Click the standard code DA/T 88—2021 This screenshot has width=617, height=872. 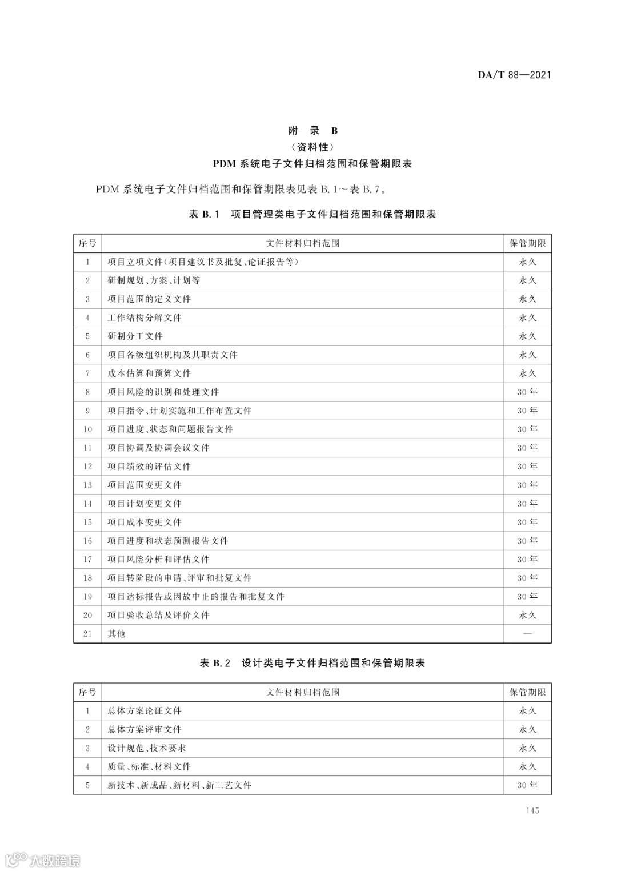pyautogui.click(x=514, y=75)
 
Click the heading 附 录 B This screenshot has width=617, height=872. pyautogui.click(x=312, y=131)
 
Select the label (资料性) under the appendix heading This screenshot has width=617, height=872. pyautogui.click(x=312, y=147)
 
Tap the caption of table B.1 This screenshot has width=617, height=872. pyautogui.click(x=312, y=214)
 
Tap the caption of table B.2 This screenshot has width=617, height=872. pyautogui.click(x=312, y=663)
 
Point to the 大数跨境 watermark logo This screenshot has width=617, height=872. pyautogui.click(x=42, y=859)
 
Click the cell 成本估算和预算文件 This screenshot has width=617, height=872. pyautogui.click(x=149, y=373)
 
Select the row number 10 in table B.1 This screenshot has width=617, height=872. pyautogui.click(x=87, y=429)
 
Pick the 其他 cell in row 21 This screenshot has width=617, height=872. pyautogui.click(x=117, y=634)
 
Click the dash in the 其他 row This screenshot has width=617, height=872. pyautogui.click(x=527, y=634)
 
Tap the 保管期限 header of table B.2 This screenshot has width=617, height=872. pyautogui.click(x=527, y=692)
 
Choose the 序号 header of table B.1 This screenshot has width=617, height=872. pyautogui.click(x=87, y=243)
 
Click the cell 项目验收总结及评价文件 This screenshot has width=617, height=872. pyautogui.click(x=159, y=615)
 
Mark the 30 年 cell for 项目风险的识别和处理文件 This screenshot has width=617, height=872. pyautogui.click(x=527, y=392)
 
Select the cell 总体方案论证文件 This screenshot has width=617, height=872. pyautogui.click(x=145, y=711)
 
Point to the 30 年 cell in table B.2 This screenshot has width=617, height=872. pyautogui.click(x=527, y=785)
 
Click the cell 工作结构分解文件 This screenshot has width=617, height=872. pyautogui.click(x=145, y=318)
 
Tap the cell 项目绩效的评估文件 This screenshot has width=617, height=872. pyautogui.click(x=149, y=467)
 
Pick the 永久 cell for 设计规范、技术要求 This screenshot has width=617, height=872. pyautogui.click(x=527, y=748)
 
